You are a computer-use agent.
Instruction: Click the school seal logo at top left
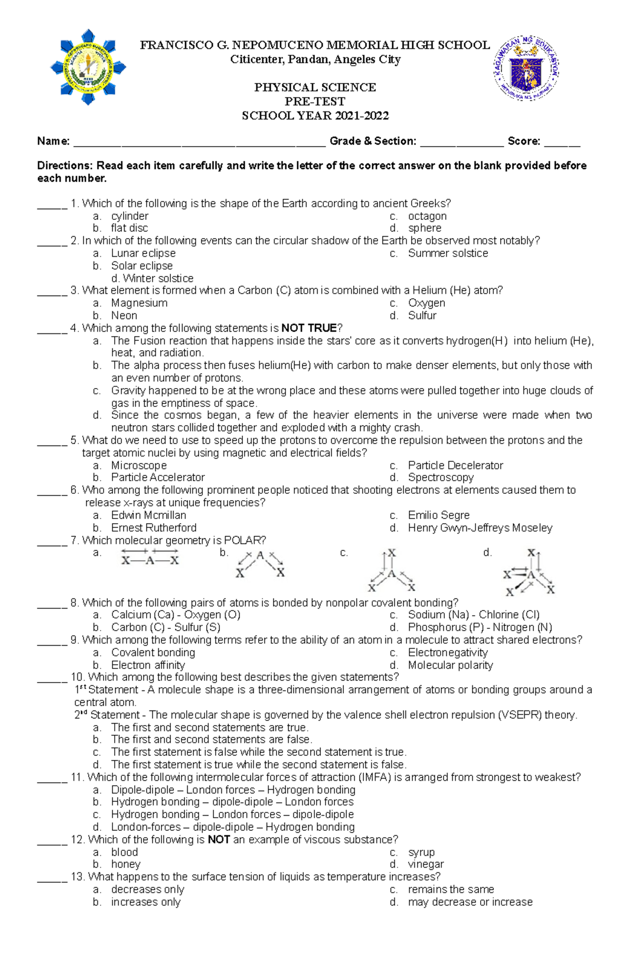point(88,67)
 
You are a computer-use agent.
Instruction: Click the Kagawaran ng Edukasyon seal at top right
point(526,68)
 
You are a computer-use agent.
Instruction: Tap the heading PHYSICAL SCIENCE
point(315,87)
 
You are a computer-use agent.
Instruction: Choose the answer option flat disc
point(129,228)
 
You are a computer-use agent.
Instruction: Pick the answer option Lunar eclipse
point(143,253)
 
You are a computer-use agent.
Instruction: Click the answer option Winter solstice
point(158,278)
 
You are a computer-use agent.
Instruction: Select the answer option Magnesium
point(139,303)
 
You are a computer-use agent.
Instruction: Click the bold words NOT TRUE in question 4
point(309,328)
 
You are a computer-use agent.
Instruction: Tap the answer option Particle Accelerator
point(158,478)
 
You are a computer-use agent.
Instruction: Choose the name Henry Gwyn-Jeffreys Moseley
point(480,528)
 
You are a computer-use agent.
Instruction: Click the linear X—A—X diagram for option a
point(150,557)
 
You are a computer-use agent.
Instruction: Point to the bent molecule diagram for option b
point(260,564)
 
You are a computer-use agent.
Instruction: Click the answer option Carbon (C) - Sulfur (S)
point(166,627)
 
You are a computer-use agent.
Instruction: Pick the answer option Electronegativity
point(447,653)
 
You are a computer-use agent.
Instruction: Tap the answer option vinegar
point(426,865)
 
